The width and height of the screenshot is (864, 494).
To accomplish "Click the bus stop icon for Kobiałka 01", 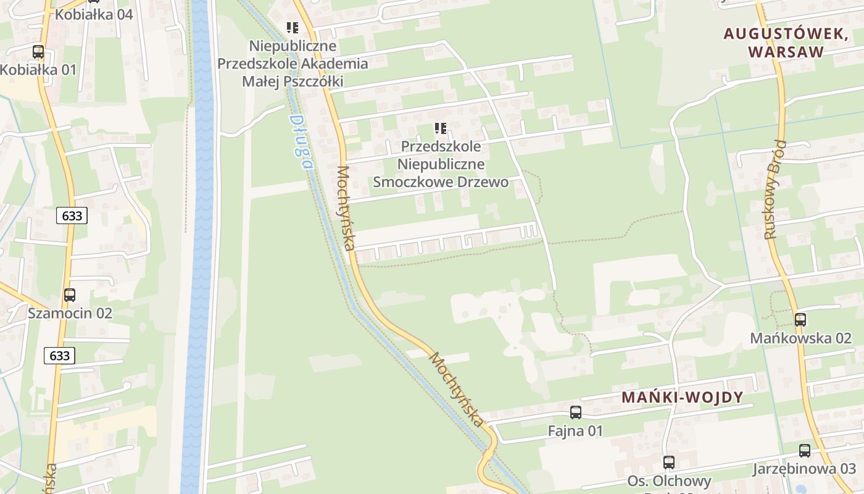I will pos(38,52).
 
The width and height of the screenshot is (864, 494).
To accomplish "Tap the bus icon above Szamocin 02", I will pos(70,295).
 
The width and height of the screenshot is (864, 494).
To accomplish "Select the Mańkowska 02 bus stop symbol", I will pos(800,320).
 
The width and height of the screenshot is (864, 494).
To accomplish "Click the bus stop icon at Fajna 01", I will pos(576,412).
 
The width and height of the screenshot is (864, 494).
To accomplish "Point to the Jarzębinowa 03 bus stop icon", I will pos(805,451).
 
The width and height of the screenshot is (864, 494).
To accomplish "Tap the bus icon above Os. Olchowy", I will pos(669,462).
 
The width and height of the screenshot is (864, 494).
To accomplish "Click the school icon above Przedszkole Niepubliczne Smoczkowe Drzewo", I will pos(440,128).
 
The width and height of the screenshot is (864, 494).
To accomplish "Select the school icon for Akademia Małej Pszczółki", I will pos(293,28).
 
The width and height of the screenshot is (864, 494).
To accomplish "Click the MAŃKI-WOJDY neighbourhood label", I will pos(682,397).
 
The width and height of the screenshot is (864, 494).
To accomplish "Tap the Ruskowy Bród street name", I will pos(776,190).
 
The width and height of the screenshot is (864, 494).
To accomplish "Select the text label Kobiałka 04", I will pos(94,14).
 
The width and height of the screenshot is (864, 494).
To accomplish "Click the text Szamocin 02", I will pos(70,313).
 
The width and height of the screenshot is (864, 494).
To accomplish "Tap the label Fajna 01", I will pos(575,430).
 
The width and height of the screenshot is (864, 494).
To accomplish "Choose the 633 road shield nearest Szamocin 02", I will pos(60,356).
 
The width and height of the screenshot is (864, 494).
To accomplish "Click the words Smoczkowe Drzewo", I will pos(441,182).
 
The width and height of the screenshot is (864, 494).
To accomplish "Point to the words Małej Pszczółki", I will pos(293,81).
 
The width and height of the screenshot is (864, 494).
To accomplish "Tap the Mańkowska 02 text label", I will pos(800,338).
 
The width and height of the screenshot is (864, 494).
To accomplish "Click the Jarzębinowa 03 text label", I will pos(804,469).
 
